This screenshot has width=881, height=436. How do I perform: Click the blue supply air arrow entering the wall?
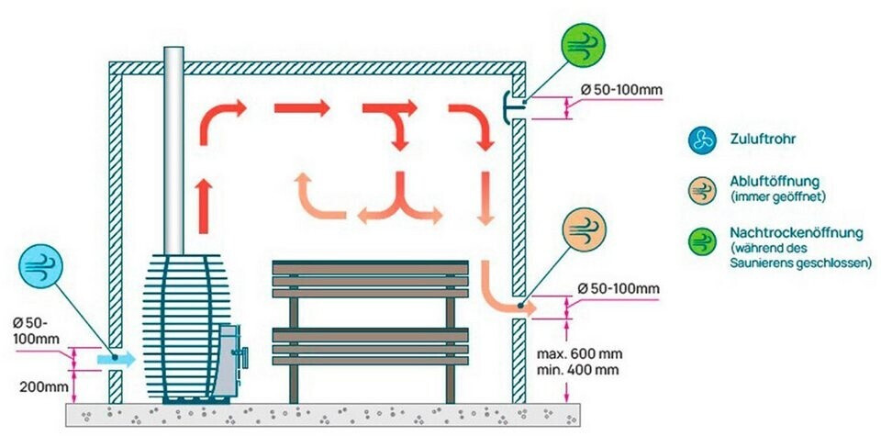tap(117, 359)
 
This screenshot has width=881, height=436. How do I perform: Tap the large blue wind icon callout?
tap(40, 266)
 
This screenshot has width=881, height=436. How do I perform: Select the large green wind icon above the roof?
tap(584, 46)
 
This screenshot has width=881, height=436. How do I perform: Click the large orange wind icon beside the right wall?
tap(585, 229)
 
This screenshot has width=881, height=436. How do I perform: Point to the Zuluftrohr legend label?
tap(763, 140)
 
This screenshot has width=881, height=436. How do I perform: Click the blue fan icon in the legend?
tap(702, 140)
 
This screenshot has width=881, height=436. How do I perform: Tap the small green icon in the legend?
tap(702, 241)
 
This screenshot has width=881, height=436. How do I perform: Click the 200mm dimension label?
tap(44, 386)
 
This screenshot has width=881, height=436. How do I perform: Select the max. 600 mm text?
tap(580, 354)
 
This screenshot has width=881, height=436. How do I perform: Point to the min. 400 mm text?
tap(578, 370)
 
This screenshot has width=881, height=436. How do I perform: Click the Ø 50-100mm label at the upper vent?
tap(621, 89)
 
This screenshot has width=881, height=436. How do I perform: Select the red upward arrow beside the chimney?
tap(205, 206)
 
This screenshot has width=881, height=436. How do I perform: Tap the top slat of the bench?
tap(370, 267)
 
